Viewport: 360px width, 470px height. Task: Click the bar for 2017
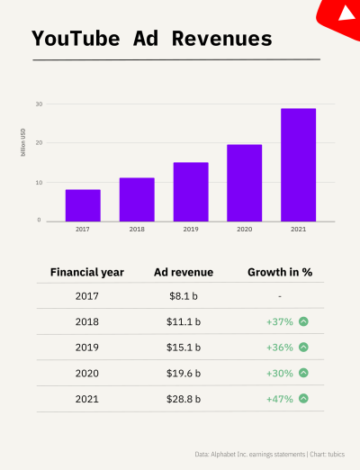click(x=83, y=205)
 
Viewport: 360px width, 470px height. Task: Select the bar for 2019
click(x=191, y=192)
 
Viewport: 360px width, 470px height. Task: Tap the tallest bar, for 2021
click(x=298, y=165)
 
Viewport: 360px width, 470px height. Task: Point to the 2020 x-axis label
click(x=244, y=230)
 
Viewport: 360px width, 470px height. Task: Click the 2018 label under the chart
click(x=137, y=230)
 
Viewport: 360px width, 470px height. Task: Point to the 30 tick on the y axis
click(x=39, y=104)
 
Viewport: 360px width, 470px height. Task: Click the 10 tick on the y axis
click(x=39, y=182)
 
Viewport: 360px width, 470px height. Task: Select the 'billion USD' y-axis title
click(x=23, y=144)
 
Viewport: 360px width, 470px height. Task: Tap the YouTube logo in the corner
click(x=345, y=12)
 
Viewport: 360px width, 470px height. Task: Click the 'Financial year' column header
click(x=87, y=271)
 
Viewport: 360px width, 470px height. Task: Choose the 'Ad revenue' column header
click(x=182, y=271)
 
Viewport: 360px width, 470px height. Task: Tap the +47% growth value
click(x=279, y=399)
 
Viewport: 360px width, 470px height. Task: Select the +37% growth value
click(x=279, y=321)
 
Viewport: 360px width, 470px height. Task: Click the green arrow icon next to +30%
click(x=304, y=373)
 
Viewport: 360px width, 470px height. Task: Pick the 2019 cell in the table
click(x=87, y=348)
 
